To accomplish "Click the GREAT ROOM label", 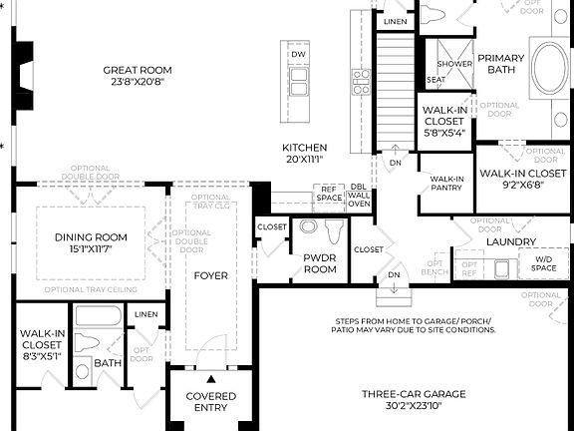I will coord(139,70).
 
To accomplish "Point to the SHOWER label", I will coord(454,63).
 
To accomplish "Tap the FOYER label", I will coord(210,275).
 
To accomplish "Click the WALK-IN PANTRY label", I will coord(444,183).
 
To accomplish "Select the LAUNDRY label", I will coord(511,241).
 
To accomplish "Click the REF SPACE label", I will coord(329,193).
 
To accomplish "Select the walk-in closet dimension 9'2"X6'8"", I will coord(516,184).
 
